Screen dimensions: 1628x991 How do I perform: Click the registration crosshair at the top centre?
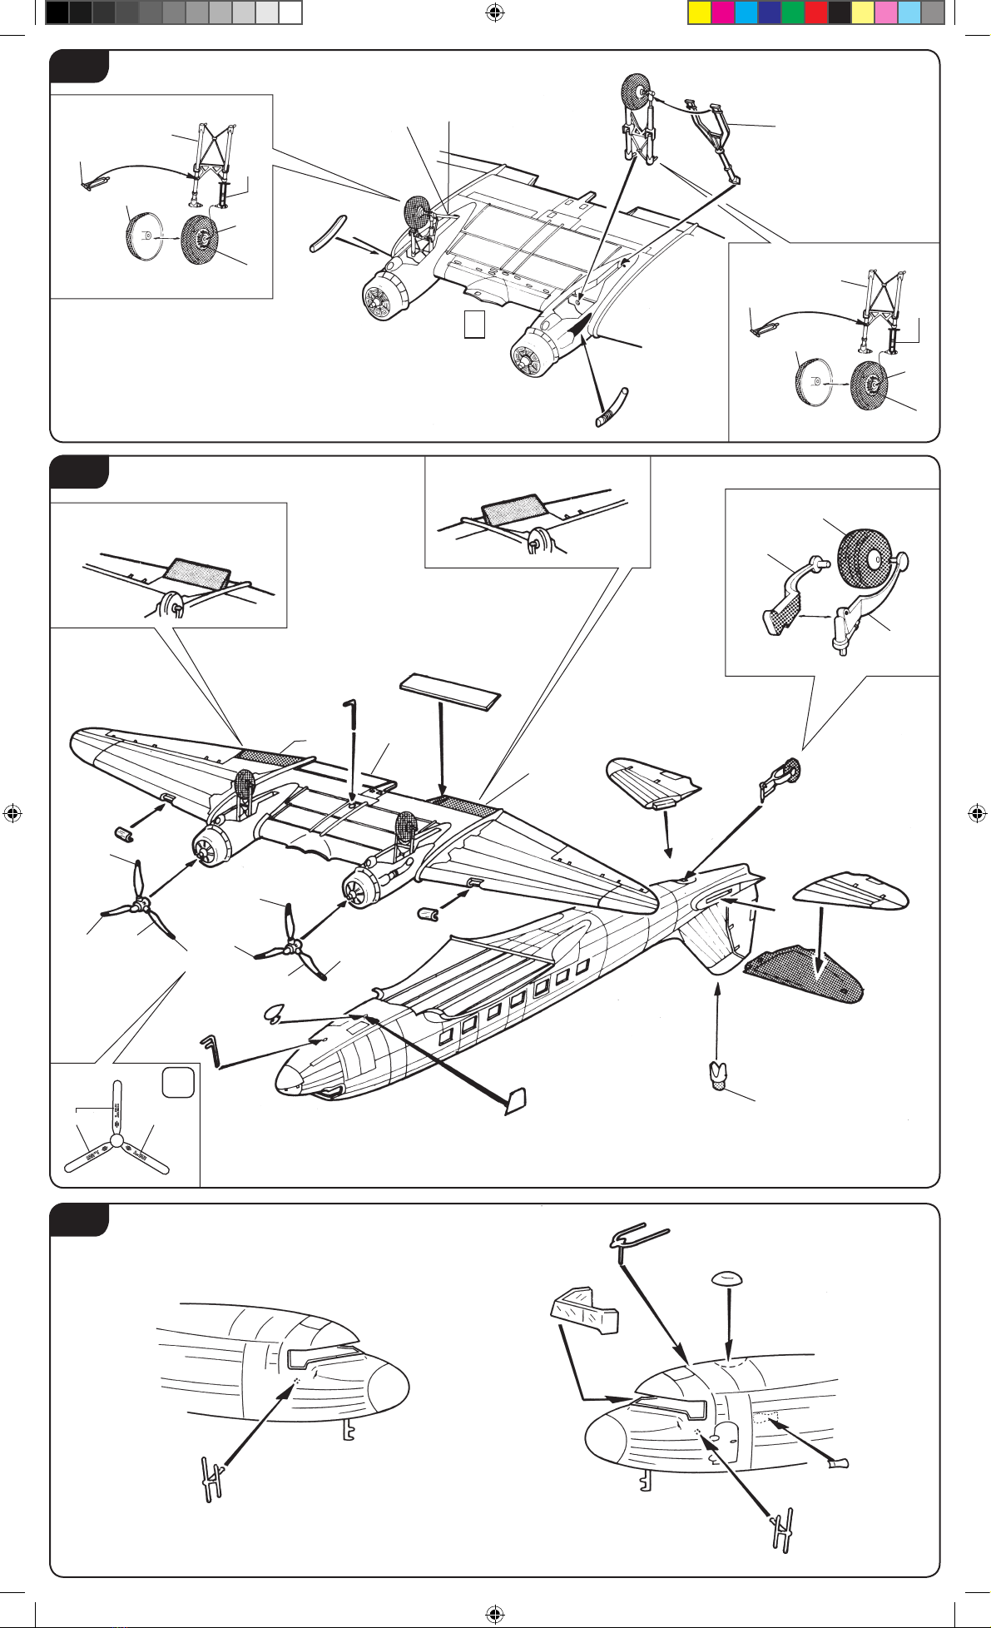(x=495, y=12)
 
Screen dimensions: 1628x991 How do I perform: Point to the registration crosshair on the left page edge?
(x=12, y=813)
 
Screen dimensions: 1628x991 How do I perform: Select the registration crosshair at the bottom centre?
(x=495, y=1614)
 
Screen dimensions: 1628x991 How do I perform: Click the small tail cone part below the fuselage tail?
(x=718, y=1075)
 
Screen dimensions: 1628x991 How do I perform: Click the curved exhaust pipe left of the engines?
(x=325, y=233)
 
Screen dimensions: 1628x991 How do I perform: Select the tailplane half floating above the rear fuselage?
(x=653, y=780)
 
